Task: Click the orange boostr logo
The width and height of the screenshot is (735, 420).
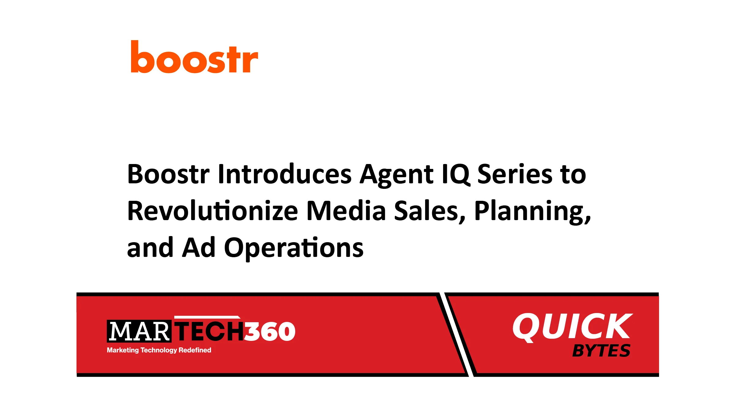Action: click(194, 58)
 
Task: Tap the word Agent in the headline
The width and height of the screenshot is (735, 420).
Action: click(397, 175)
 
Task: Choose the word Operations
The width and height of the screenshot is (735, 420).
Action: click(294, 248)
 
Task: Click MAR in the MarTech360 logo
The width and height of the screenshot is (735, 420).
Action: click(139, 331)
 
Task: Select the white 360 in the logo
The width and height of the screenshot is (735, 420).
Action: click(270, 331)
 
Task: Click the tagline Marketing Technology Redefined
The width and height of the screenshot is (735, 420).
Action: click(159, 350)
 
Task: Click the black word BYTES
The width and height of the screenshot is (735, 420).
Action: click(601, 351)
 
